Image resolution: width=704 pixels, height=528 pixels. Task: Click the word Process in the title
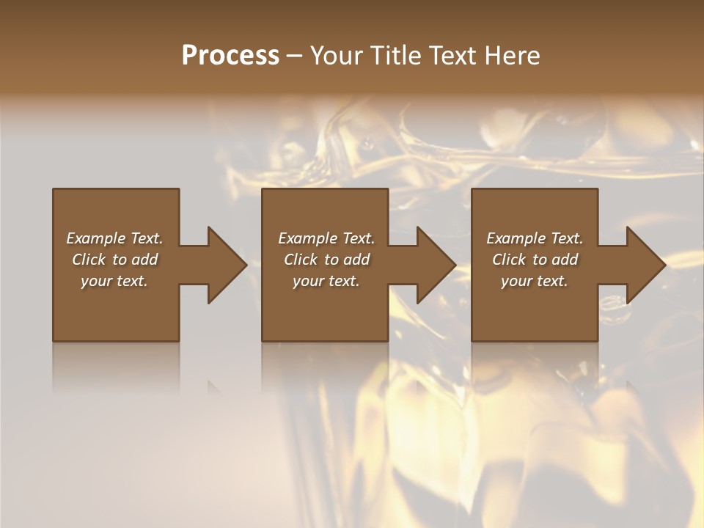(x=230, y=56)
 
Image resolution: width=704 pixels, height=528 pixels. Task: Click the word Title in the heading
(x=395, y=56)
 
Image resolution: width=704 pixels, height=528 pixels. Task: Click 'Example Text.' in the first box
(x=114, y=238)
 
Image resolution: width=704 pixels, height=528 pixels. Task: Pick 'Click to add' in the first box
(x=114, y=260)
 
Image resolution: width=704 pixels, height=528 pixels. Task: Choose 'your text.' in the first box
(x=114, y=281)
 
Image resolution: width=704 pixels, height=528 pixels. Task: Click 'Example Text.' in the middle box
(x=326, y=238)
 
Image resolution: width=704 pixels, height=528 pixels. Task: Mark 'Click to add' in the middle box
(x=326, y=260)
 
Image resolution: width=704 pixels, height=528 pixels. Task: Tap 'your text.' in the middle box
(x=326, y=281)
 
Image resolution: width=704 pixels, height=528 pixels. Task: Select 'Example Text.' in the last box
(x=535, y=238)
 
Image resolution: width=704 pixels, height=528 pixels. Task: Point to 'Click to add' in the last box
(x=535, y=260)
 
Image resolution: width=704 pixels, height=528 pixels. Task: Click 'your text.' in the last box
(x=535, y=281)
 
